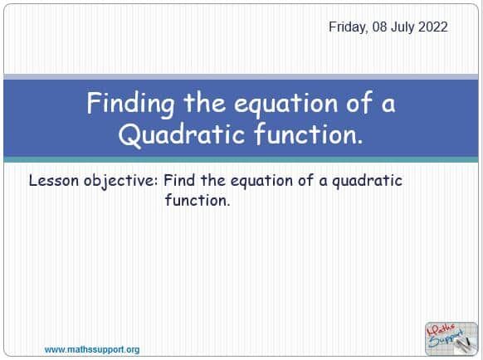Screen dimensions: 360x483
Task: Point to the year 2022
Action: (x=434, y=27)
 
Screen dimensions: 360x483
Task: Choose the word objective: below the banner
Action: (x=120, y=181)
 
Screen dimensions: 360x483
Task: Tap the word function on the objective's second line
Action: (x=197, y=201)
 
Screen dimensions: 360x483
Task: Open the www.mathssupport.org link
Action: (x=92, y=350)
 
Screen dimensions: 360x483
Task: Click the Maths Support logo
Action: (x=451, y=338)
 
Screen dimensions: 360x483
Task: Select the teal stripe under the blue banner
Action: (x=242, y=159)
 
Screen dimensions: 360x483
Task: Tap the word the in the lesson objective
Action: (x=212, y=181)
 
